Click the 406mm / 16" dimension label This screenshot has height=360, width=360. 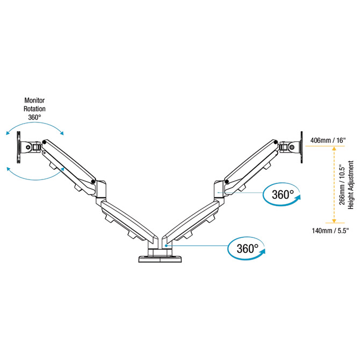[x=329, y=141]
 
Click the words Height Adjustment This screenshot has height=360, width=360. [x=351, y=186]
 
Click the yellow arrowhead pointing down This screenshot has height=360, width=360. [x=334, y=220]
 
